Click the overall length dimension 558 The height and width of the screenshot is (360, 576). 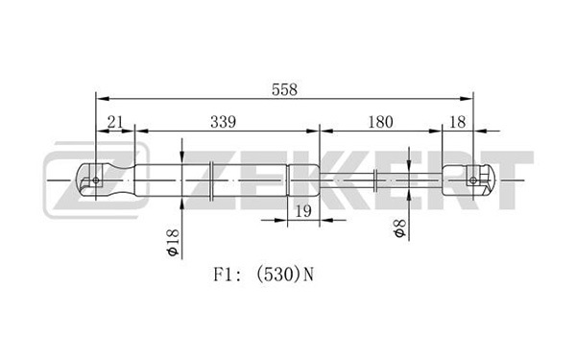[284, 89]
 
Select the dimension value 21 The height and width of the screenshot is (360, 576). [115, 122]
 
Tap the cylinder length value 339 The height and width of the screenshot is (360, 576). [223, 122]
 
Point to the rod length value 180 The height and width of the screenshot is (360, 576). [380, 122]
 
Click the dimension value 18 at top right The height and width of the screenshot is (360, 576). [457, 122]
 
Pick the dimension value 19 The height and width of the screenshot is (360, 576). [303, 211]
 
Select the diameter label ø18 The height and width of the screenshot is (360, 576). [172, 242]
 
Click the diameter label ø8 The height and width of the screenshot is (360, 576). [399, 228]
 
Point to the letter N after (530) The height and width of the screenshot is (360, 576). [309, 275]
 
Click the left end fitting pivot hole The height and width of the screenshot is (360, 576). [96, 180]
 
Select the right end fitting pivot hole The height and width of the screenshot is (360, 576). [473, 180]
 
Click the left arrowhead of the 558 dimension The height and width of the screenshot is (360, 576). [103, 99]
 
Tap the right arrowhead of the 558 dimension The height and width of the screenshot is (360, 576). [467, 99]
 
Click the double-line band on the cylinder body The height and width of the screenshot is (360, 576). [211, 180]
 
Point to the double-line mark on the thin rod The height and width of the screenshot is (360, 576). [374, 180]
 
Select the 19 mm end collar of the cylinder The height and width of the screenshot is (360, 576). [303, 180]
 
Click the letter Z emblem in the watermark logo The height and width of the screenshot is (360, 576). [96, 180]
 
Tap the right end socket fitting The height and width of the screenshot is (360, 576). [468, 180]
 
